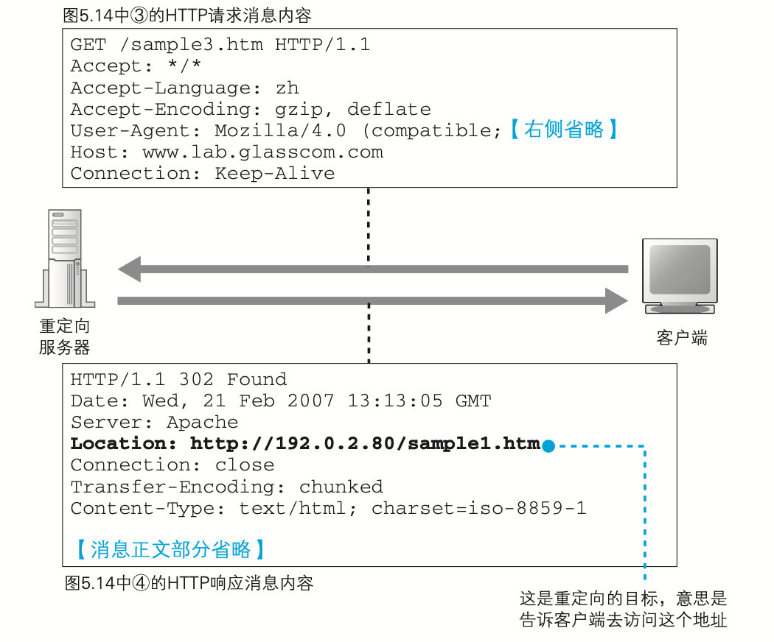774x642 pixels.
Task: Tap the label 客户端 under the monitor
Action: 682,339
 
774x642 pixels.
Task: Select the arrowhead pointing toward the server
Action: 130,269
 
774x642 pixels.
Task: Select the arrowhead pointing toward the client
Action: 616,300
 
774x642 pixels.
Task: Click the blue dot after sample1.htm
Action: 548,445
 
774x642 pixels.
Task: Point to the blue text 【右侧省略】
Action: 564,131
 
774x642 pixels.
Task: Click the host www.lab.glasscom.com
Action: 262,152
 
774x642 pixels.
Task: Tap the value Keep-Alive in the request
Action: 275,174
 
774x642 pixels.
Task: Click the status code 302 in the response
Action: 196,380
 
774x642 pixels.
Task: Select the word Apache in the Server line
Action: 203,423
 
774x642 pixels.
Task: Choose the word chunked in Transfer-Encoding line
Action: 341,487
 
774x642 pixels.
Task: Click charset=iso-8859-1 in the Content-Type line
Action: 479,508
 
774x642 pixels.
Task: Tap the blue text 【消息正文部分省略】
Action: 170,549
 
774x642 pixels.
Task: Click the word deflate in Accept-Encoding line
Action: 389,110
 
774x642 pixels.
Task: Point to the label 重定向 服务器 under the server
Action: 65,336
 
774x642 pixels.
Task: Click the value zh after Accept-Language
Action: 287,88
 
